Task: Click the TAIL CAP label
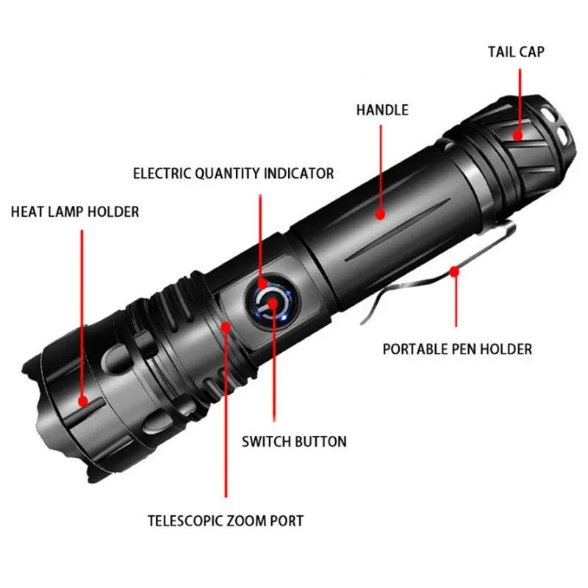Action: [516, 52]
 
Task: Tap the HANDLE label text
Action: [382, 110]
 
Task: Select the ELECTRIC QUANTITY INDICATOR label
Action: [233, 173]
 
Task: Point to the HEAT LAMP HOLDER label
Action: [74, 212]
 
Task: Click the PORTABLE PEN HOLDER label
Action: [457, 349]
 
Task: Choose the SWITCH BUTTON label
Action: [294, 442]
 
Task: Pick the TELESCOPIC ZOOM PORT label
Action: [225, 521]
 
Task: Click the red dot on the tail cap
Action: [517, 135]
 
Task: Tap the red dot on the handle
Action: [381, 214]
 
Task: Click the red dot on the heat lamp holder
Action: [82, 401]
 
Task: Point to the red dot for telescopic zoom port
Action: [226, 325]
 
